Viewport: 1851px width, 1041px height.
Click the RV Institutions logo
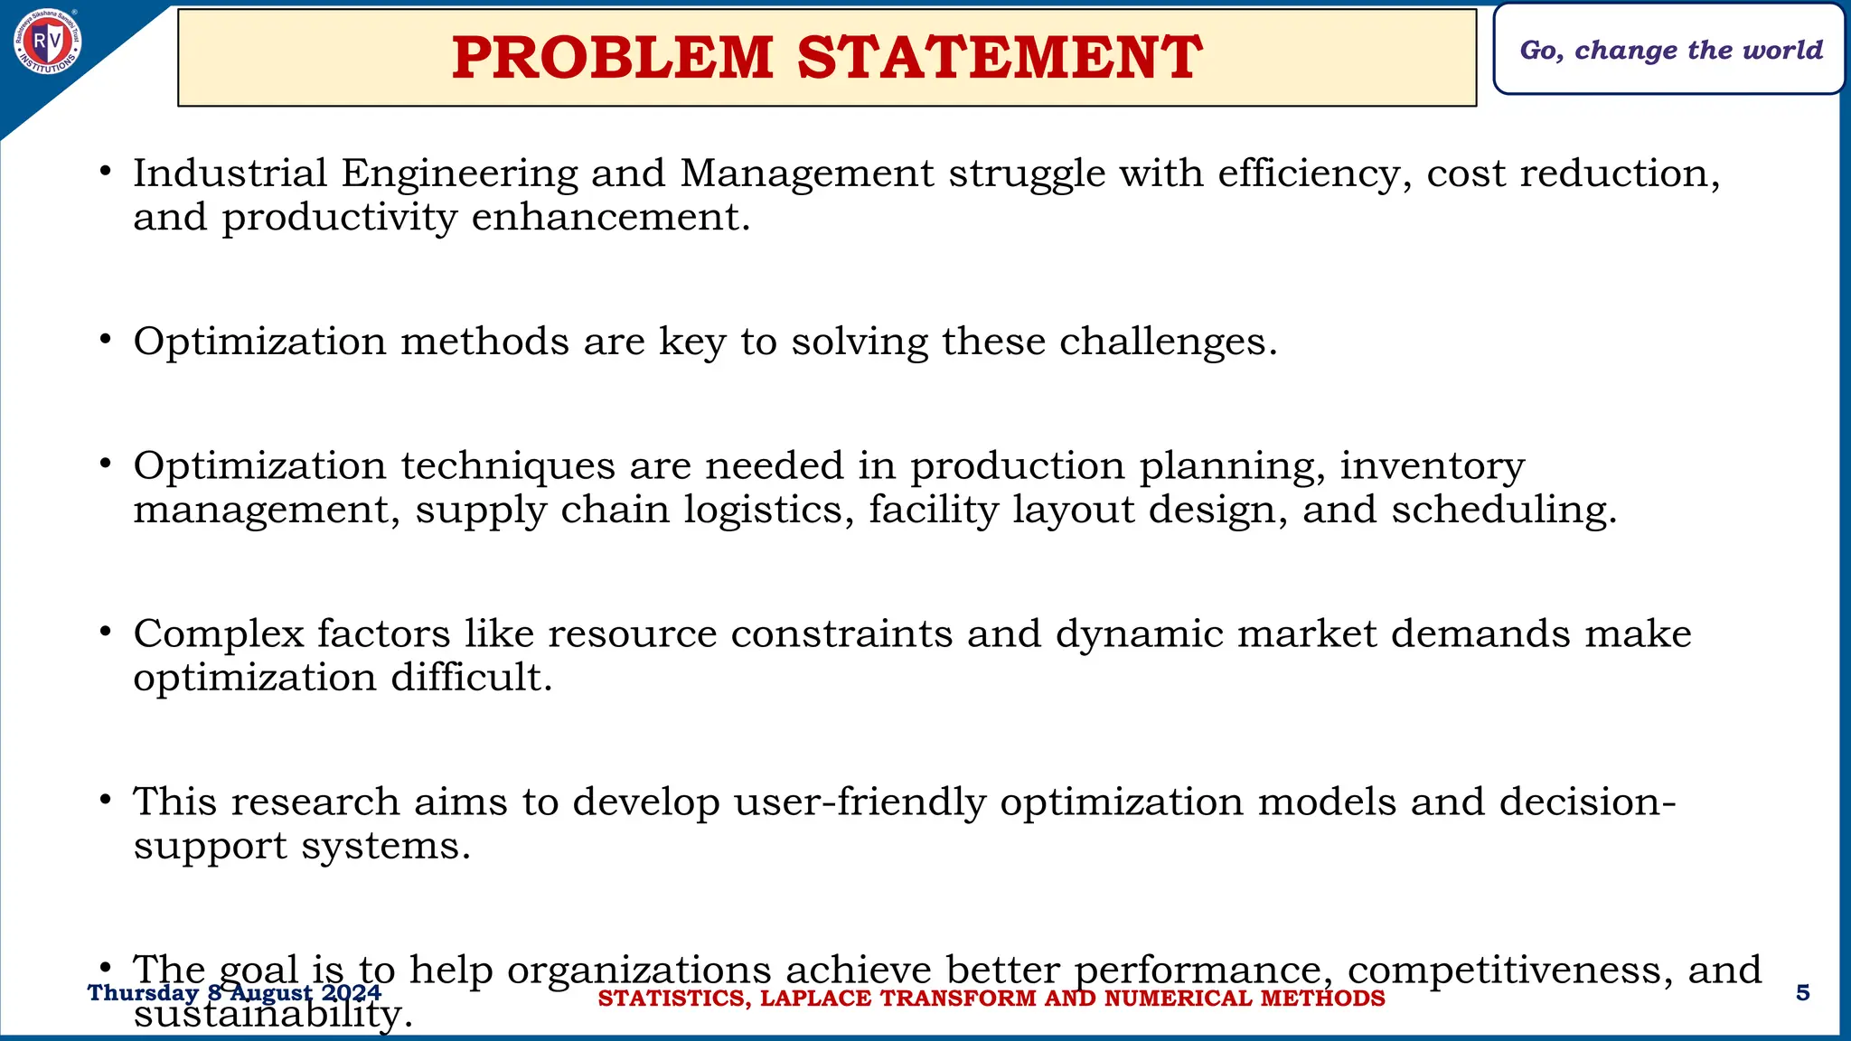(48, 42)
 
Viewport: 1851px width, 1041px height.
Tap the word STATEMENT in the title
(1000, 58)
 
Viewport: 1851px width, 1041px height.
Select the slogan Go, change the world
(1670, 50)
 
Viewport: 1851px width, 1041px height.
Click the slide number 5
(1802, 993)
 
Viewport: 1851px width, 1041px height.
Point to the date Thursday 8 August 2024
(234, 993)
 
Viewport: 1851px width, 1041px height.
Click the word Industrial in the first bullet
(230, 173)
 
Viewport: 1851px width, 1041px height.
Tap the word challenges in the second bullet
(1168, 342)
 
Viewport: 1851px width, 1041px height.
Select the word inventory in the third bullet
(1432, 466)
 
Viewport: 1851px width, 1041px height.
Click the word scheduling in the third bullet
(1503, 511)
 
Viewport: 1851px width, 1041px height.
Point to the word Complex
(219, 634)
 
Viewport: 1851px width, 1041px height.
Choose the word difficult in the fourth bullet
(471, 678)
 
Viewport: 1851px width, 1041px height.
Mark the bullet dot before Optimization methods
(106, 340)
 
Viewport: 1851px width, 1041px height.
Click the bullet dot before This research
(106, 800)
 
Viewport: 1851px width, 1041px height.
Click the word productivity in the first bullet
(339, 218)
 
